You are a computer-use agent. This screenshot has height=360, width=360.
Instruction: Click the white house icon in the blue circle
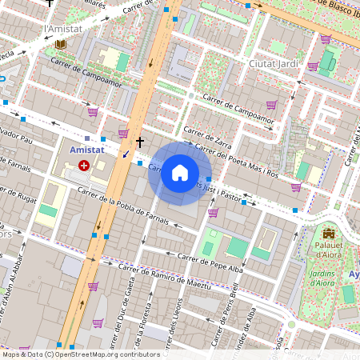click(x=180, y=173)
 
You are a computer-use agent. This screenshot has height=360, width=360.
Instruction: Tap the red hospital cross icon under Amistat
click(x=84, y=165)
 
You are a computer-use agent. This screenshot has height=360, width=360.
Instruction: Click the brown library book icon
click(x=60, y=43)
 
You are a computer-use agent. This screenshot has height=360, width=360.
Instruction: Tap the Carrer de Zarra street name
click(x=206, y=136)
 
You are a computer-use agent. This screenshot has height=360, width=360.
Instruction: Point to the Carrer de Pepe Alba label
click(x=210, y=262)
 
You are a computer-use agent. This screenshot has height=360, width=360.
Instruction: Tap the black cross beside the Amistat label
click(x=140, y=142)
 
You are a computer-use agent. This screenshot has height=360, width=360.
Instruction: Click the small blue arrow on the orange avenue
click(x=125, y=154)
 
